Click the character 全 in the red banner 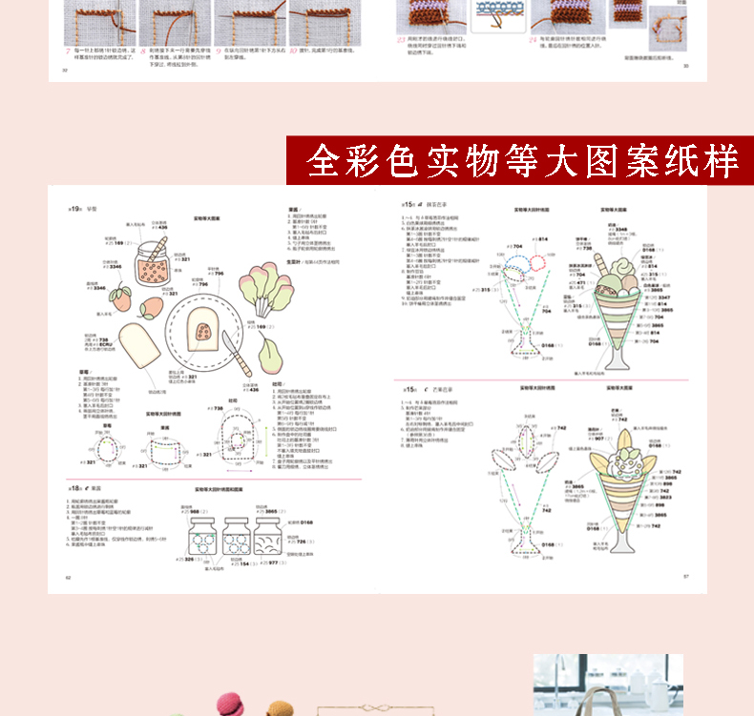pos(325,162)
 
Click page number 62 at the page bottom pos(68,577)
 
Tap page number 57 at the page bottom pos(685,577)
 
